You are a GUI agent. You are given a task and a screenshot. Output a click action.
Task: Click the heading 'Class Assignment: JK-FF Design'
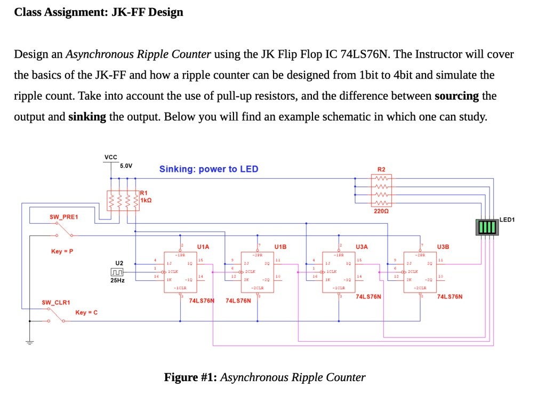coord(99,12)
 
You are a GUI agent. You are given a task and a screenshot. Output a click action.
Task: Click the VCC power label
coord(111,157)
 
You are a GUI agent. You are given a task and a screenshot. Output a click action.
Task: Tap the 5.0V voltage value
coord(126,166)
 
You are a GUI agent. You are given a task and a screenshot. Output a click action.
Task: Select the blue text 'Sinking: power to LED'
coord(208,169)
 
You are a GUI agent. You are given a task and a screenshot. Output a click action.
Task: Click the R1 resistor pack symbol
coord(123,200)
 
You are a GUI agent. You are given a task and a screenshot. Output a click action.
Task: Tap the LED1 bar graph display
coord(486,227)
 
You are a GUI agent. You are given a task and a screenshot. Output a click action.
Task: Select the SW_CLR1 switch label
coord(56,303)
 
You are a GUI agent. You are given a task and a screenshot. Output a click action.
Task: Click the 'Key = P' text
coord(62,251)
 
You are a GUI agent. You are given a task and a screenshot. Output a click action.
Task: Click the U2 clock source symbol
coord(119,273)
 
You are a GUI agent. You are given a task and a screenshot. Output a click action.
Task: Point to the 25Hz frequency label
coord(118,281)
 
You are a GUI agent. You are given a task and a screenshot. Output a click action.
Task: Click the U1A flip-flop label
coord(203,247)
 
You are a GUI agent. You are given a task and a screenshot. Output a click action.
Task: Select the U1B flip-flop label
coord(280,247)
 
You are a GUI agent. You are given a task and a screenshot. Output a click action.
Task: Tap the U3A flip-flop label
coord(362,247)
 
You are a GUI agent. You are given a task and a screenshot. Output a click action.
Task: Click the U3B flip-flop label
coord(443,247)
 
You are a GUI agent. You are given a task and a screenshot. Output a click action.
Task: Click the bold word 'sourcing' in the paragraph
coord(457,96)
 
